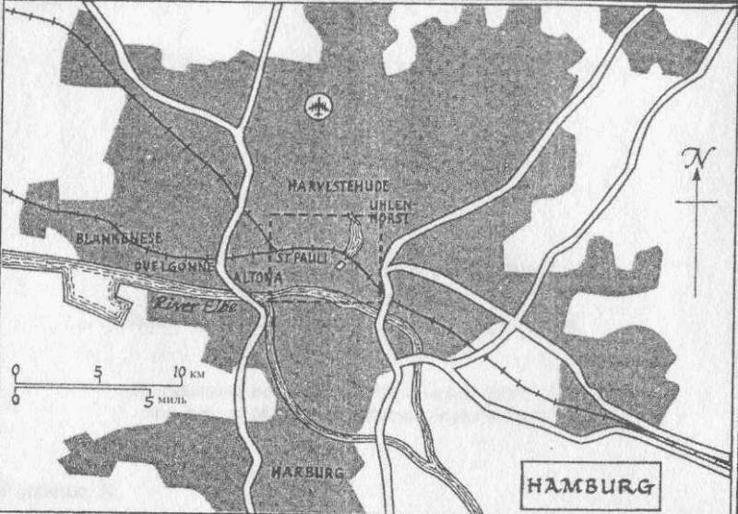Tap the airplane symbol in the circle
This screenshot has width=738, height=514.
click(319, 106)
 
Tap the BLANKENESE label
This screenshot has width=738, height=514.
click(120, 238)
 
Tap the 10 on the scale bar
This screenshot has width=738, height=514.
click(179, 373)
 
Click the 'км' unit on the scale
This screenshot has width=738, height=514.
click(199, 374)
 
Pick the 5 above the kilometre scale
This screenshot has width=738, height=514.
click(98, 373)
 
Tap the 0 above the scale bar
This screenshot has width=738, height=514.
click(17, 373)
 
